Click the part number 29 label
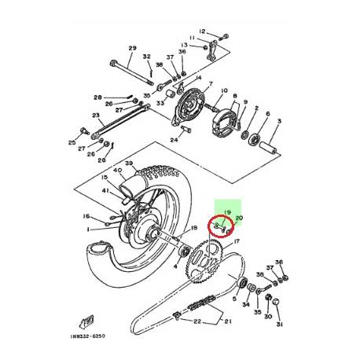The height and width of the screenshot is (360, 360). (132, 48)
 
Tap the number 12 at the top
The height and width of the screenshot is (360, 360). (202, 31)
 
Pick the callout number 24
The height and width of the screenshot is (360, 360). (174, 141)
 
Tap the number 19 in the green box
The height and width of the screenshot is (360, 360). (227, 212)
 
